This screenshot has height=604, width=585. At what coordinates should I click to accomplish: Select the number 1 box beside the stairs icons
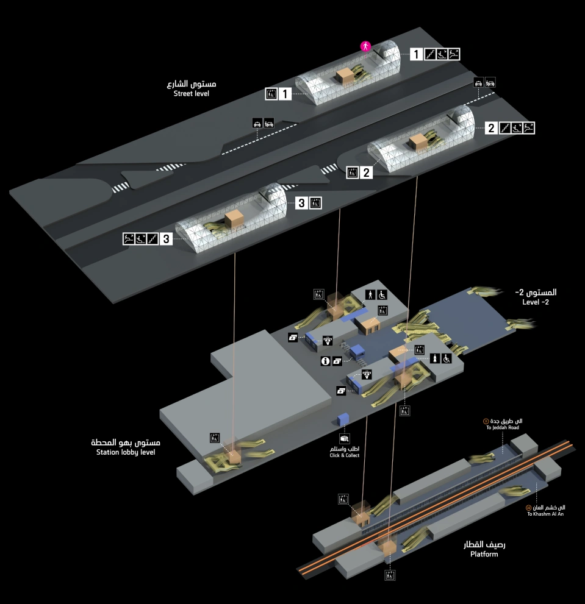[x=416, y=54]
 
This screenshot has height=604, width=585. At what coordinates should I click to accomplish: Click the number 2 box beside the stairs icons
[x=491, y=128]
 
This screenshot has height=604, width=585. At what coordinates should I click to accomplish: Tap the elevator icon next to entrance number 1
[x=271, y=94]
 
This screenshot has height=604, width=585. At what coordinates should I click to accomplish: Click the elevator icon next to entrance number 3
[x=315, y=204]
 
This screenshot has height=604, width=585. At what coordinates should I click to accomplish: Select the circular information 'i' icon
[x=326, y=361]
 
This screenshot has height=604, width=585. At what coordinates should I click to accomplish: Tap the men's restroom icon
[x=370, y=294]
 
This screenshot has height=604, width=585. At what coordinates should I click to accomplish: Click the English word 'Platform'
[x=484, y=554]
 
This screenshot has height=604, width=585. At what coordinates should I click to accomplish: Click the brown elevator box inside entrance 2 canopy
[x=419, y=142]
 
